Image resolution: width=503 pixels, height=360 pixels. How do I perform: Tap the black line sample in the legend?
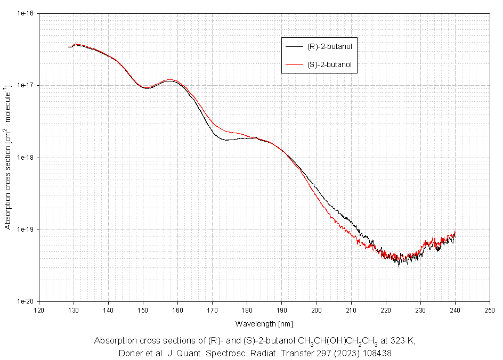(294, 47)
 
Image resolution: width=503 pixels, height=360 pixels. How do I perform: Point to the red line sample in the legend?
(294, 65)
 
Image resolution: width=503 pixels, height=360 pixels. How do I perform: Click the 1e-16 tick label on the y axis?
(26, 13)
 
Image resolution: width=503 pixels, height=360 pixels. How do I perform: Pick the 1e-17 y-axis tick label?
(26, 85)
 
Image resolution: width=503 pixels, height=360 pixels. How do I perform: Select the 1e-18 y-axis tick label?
(26, 158)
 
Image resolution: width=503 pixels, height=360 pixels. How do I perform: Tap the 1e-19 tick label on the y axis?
(26, 230)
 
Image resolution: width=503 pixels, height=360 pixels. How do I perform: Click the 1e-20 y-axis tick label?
(26, 301)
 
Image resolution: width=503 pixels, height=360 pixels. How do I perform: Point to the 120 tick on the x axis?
(39, 309)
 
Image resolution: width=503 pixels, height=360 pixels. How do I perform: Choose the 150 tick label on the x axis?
(143, 309)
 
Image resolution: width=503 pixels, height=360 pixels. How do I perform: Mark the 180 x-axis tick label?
(247, 309)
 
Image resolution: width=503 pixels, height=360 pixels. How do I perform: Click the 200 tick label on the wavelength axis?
(317, 309)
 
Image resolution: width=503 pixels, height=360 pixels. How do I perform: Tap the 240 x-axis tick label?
(455, 309)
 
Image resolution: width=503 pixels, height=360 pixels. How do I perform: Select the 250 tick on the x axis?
(490, 309)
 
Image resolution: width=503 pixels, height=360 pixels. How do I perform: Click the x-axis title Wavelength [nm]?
(264, 323)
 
